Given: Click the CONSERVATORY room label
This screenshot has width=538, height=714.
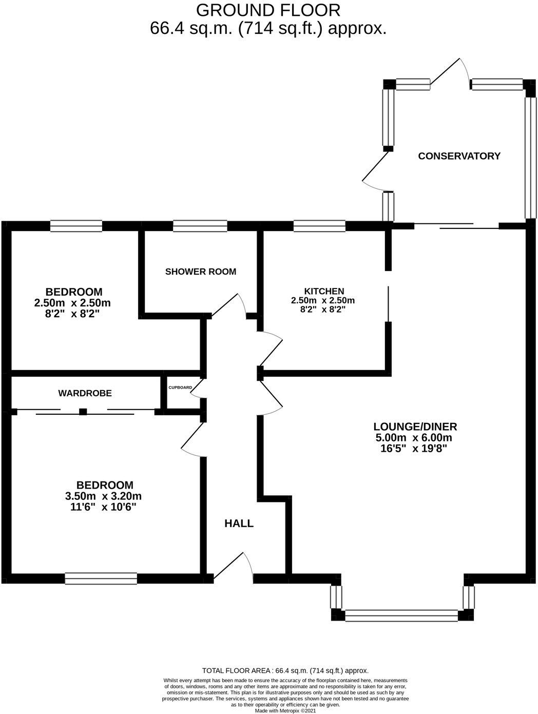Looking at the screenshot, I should click(459, 156).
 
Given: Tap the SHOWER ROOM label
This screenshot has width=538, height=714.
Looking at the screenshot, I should click(201, 272).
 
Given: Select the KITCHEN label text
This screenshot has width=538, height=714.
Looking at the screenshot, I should click(323, 291).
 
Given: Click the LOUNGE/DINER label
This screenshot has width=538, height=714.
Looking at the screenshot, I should click(415, 426).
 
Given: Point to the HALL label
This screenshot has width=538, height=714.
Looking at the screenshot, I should click(239, 524).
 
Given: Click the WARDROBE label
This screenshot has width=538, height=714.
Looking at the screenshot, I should click(85, 393).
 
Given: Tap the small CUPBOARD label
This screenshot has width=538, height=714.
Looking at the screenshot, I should click(180, 388).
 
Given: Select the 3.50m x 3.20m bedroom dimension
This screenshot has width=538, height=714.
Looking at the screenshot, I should click(103, 496).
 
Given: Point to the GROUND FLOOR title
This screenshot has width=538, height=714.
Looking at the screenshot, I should click(268, 10).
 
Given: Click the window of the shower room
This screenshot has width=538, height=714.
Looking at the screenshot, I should click(200, 226).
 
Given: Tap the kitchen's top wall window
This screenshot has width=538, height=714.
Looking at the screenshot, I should click(319, 226).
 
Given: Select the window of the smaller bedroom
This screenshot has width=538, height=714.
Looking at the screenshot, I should click(76, 226).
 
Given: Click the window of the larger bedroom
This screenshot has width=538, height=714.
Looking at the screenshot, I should click(101, 578).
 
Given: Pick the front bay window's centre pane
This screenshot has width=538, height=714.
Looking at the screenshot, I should click(401, 615).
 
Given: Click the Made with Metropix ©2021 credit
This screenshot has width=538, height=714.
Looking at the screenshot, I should click(286, 710).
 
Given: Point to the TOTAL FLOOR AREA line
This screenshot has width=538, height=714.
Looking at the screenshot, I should click(285, 670).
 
